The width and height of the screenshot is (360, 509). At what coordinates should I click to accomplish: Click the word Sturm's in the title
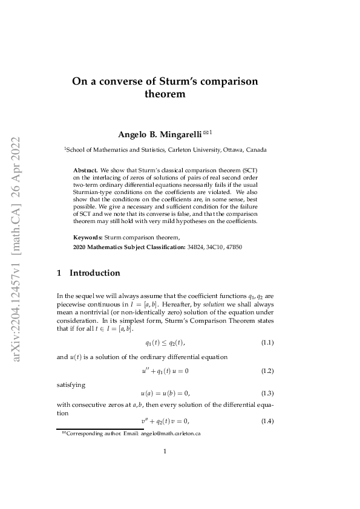point(183,81)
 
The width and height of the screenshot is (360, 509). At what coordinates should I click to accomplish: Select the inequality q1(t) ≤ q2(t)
point(165,343)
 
